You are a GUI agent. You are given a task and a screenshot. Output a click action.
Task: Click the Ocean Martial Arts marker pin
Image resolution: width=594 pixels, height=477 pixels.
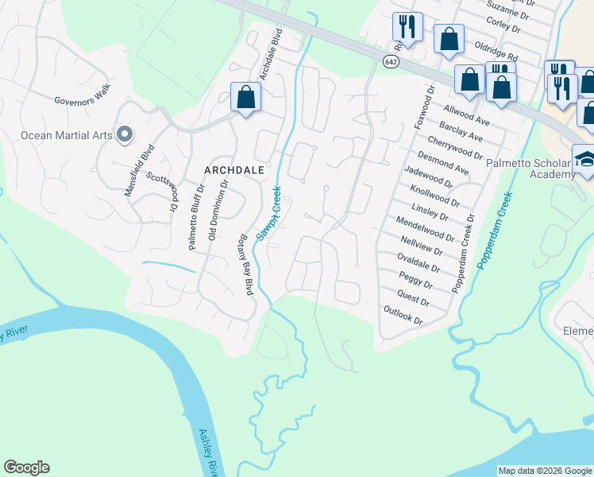(124, 134)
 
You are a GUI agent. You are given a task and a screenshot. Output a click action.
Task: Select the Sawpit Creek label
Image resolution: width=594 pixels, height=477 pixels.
(268, 213)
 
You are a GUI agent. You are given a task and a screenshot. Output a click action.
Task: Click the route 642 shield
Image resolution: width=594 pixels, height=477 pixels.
(390, 62)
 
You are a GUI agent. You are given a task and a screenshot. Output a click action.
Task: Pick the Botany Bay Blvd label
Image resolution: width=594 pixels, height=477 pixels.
(246, 265)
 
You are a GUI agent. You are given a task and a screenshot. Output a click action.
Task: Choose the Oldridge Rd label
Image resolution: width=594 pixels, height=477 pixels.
(496, 52)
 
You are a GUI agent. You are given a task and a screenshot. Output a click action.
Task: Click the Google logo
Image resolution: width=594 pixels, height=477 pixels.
(26, 467)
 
